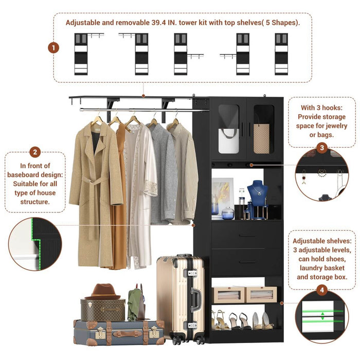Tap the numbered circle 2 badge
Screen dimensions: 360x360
pos(35,152)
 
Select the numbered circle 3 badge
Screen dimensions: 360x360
pos(321,148)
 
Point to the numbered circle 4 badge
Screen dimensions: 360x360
pos(322,291)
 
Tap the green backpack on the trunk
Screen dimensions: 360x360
pos(136,304)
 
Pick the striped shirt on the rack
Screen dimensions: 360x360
pos(183,175)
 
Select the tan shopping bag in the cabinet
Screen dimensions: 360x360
pos(262,139)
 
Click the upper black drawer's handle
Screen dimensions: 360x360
pos(247,236)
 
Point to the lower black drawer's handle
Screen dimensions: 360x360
pos(247,262)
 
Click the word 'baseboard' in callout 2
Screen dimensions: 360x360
pos(35,174)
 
